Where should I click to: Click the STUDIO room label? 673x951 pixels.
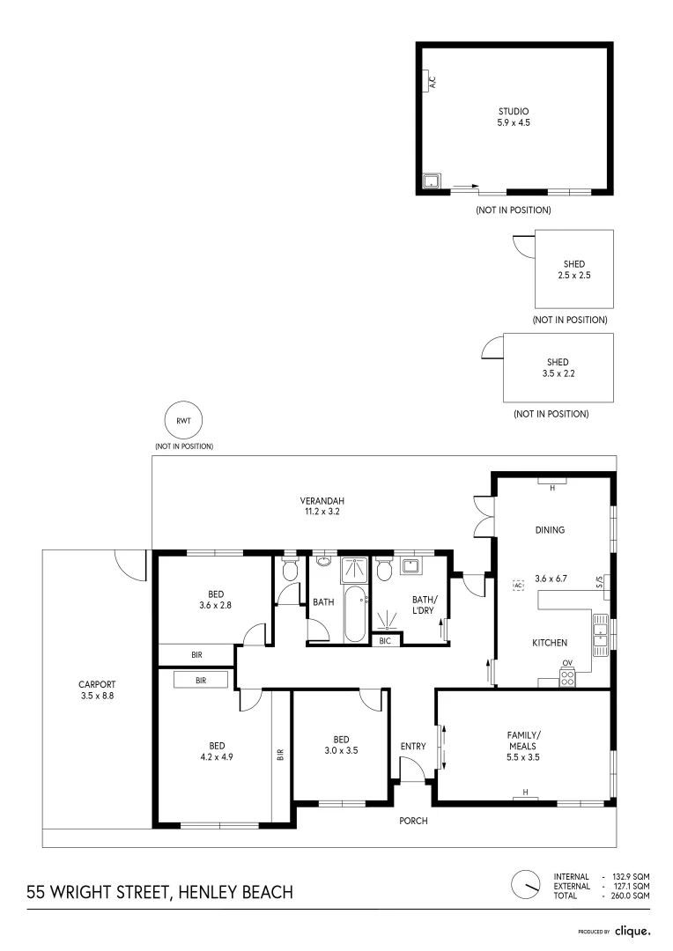[514, 111]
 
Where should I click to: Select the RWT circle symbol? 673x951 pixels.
[183, 420]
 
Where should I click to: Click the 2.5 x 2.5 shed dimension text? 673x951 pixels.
[574, 275]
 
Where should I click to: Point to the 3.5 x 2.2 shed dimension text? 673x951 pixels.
[558, 373]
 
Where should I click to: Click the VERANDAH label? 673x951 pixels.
[322, 501]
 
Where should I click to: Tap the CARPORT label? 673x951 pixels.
[97, 684]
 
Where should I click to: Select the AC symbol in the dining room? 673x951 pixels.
[518, 586]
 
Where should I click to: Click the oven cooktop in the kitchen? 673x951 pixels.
[566, 677]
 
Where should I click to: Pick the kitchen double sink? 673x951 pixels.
[600, 634]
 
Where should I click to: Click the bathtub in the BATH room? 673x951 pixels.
[356, 613]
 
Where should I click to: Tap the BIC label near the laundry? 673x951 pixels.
[385, 640]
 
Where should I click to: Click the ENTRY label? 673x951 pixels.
[413, 746]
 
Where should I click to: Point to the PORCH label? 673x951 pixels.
[413, 821]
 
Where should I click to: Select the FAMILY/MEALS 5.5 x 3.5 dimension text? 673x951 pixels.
[523, 757]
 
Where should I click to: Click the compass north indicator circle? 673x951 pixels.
[526, 885]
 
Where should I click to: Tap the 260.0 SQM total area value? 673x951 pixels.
[630, 896]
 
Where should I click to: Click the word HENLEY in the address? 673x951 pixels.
[208, 892]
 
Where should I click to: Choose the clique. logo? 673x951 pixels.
[632, 931]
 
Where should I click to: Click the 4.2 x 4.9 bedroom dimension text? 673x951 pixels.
[217, 757]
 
